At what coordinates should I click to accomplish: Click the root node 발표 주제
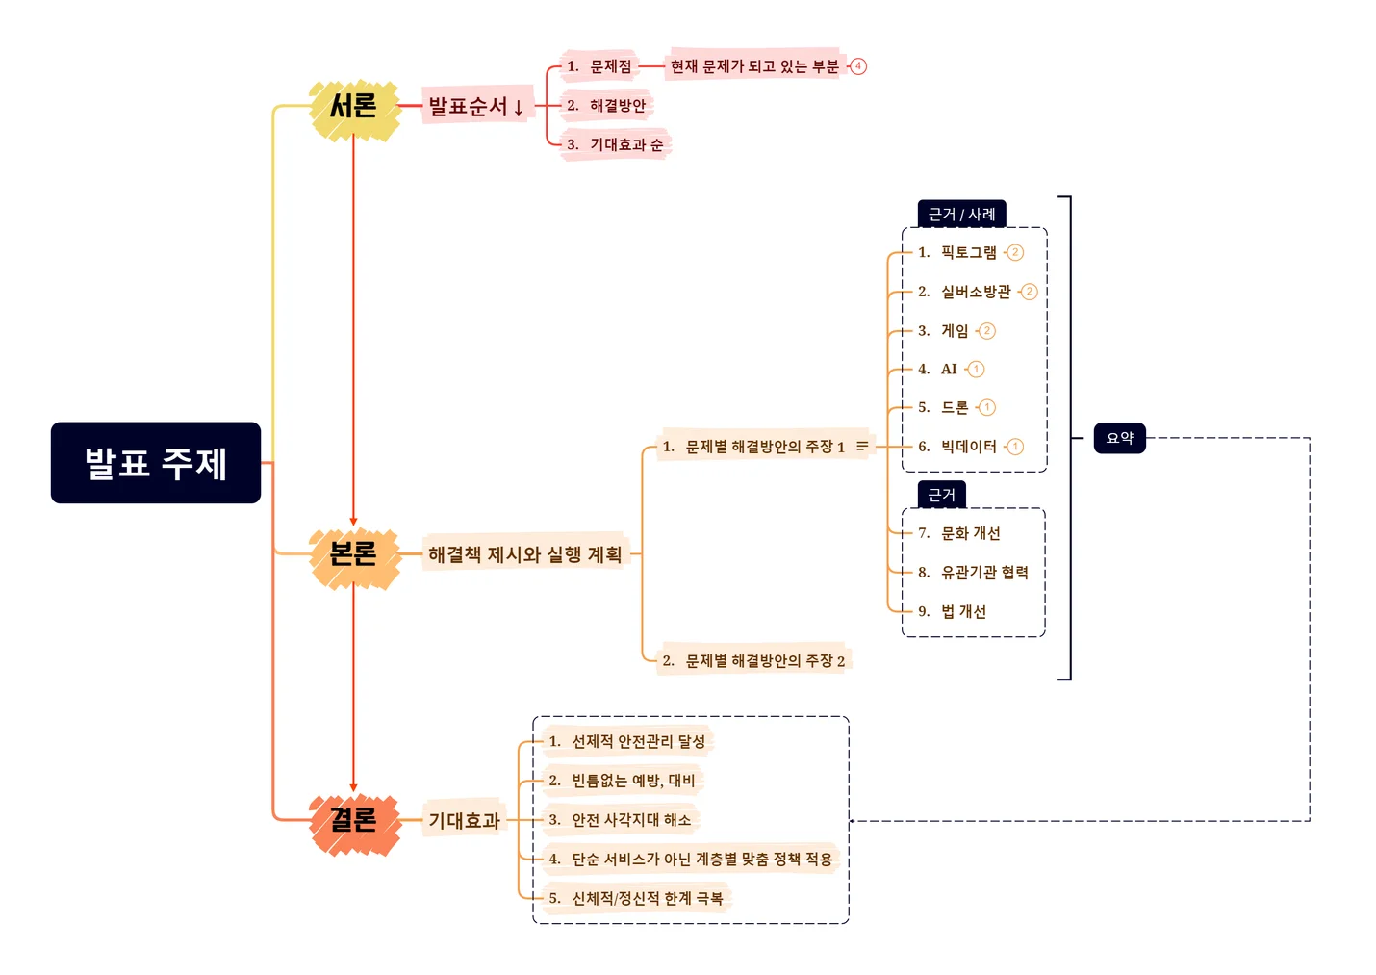point(156,463)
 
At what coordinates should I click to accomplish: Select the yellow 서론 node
point(353,106)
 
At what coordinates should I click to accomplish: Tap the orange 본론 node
point(353,554)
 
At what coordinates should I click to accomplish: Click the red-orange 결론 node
point(353,820)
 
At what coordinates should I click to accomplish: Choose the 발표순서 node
point(475,106)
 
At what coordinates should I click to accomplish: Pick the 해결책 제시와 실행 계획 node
point(524,554)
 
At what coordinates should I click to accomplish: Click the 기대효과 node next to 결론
point(464,820)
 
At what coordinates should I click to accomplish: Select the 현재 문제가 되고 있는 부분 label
point(753,66)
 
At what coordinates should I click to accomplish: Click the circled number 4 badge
point(858,66)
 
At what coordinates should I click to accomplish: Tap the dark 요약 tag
point(1120,438)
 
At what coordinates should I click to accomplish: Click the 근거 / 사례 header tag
point(961,214)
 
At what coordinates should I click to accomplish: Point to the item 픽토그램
point(968,252)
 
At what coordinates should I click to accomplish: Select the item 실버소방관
point(975,292)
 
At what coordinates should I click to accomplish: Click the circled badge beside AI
point(976,370)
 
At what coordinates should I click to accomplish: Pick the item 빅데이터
point(968,447)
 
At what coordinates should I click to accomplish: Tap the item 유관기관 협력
point(983,573)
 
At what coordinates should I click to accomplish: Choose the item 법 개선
point(962,611)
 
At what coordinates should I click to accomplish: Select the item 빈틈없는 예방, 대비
point(632,781)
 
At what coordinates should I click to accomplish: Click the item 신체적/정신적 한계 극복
point(647,898)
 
